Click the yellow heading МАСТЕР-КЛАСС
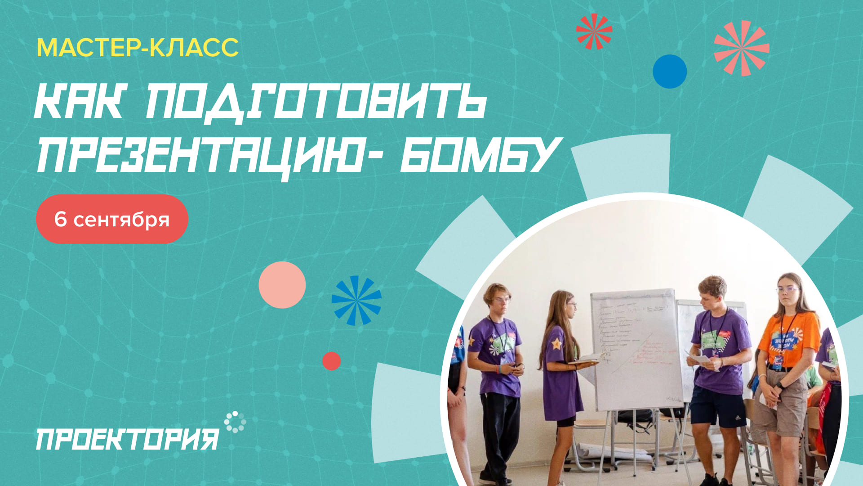click(x=138, y=48)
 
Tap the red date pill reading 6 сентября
click(x=112, y=219)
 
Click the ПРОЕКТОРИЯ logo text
click(x=127, y=439)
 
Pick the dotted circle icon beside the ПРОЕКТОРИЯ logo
click(x=235, y=422)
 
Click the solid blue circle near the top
click(x=670, y=72)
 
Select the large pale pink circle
click(x=282, y=285)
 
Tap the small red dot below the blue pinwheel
click(x=332, y=361)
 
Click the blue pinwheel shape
click(x=356, y=301)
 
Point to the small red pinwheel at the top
click(x=594, y=31)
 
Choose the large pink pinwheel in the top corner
click(x=742, y=48)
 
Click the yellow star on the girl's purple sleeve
click(x=556, y=344)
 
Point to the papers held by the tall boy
click(x=699, y=358)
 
